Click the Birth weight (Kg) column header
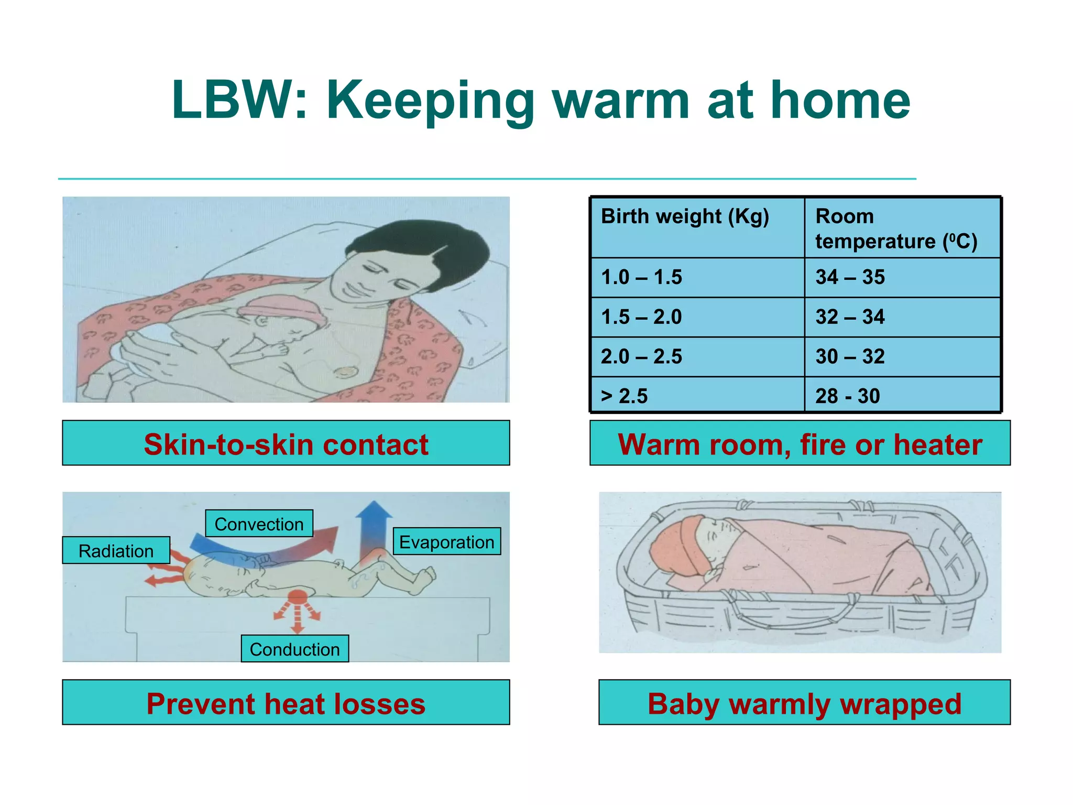point(684,216)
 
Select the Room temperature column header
point(896,229)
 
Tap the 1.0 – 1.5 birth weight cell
point(641,277)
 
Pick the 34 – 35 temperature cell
point(850,277)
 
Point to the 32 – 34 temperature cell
point(850,317)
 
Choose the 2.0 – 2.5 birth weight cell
point(641,357)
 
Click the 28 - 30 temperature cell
point(847,396)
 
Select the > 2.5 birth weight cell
point(624,396)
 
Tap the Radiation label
point(116,551)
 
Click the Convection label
point(259,524)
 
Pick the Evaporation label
point(446,542)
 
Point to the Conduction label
point(294,649)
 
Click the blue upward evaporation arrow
point(373,524)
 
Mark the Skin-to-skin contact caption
point(286,444)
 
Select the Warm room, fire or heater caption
point(800,444)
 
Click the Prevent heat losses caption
point(286,703)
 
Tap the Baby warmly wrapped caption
point(804,703)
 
